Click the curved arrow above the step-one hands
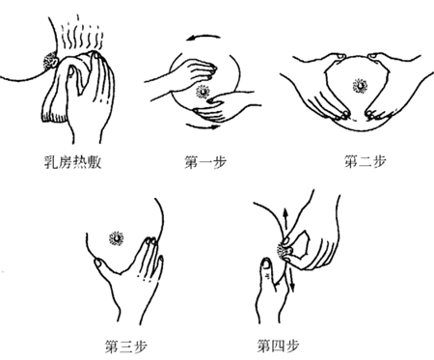[198, 37]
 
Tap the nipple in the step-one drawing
[203, 92]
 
